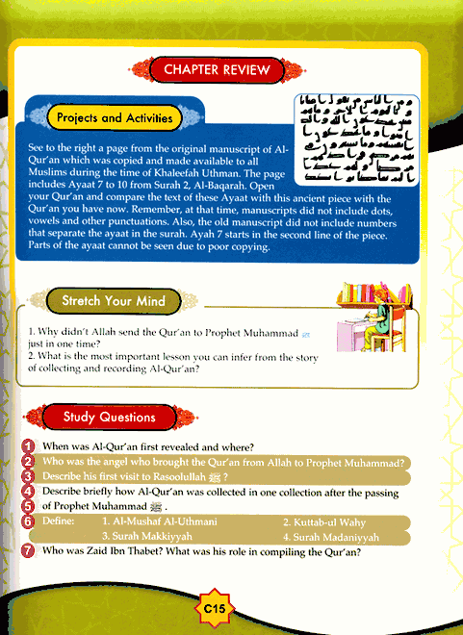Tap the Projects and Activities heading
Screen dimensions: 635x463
coord(114,118)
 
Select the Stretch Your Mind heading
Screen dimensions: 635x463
coord(113,301)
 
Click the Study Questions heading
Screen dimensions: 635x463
coord(109,418)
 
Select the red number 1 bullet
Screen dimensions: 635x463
coord(28,447)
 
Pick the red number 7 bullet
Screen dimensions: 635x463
coord(28,553)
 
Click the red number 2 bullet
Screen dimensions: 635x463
coord(28,462)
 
